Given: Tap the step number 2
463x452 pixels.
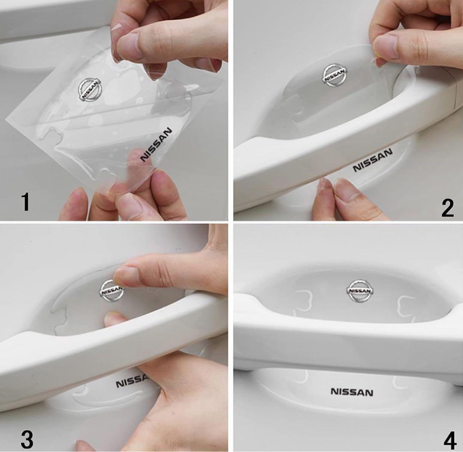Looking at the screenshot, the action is pyautogui.click(x=447, y=208).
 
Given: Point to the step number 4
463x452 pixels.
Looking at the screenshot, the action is pyautogui.click(x=450, y=441).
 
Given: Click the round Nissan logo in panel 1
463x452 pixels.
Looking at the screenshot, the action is pyautogui.click(x=90, y=90).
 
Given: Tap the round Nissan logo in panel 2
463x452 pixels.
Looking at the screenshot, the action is pyautogui.click(x=335, y=76).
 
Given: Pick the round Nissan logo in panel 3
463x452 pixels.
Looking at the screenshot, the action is pyautogui.click(x=111, y=291).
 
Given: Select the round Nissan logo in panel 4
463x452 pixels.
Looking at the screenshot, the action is pyautogui.click(x=359, y=291).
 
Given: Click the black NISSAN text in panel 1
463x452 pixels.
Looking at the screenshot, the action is pyautogui.click(x=156, y=144).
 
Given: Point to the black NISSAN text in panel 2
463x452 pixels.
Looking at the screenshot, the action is pyautogui.click(x=373, y=160).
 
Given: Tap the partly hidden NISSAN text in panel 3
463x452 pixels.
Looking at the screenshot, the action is pyautogui.click(x=132, y=381).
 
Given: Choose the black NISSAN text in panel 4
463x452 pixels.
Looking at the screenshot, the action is pyautogui.click(x=352, y=392).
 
